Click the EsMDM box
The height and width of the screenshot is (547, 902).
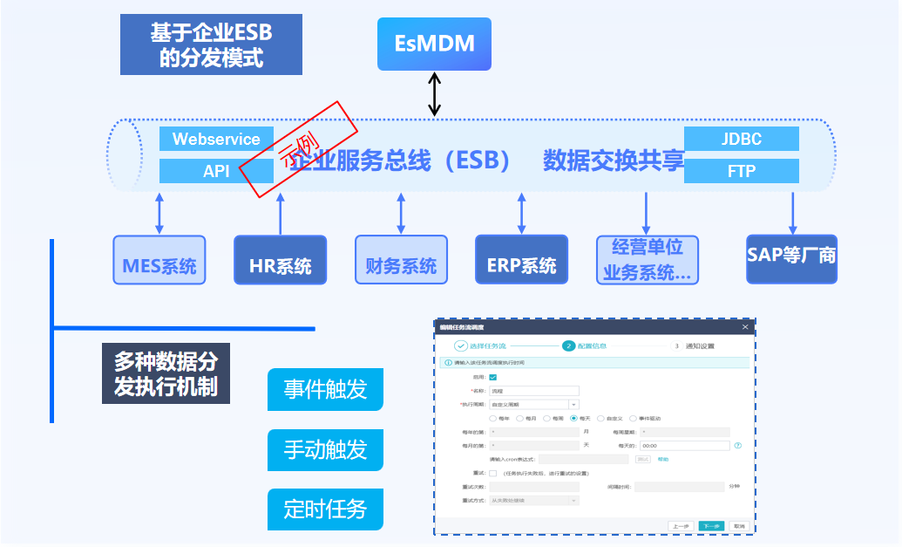click(x=434, y=43)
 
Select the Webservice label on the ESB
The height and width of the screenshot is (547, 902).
click(x=216, y=139)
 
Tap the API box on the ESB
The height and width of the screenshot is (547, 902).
click(x=216, y=171)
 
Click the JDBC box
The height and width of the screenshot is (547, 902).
click(x=742, y=139)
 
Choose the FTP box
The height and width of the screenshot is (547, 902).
click(x=742, y=171)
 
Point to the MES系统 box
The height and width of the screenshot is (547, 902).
click(x=159, y=260)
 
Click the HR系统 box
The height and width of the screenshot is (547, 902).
click(x=281, y=260)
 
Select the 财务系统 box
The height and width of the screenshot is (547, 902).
click(x=401, y=260)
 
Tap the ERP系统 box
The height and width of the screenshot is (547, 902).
click(x=521, y=260)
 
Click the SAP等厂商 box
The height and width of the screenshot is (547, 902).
click(x=791, y=259)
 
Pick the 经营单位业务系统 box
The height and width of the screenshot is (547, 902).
click(x=647, y=260)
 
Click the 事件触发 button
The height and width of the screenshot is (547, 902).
click(x=325, y=389)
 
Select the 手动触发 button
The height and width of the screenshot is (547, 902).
click(x=325, y=449)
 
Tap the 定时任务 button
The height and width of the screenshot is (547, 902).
click(x=325, y=509)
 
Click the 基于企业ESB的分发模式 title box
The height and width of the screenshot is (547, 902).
click(x=211, y=44)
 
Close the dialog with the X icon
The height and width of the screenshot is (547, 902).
click(x=745, y=327)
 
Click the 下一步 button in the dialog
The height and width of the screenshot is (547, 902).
click(x=710, y=526)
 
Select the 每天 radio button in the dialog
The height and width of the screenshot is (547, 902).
click(x=573, y=418)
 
